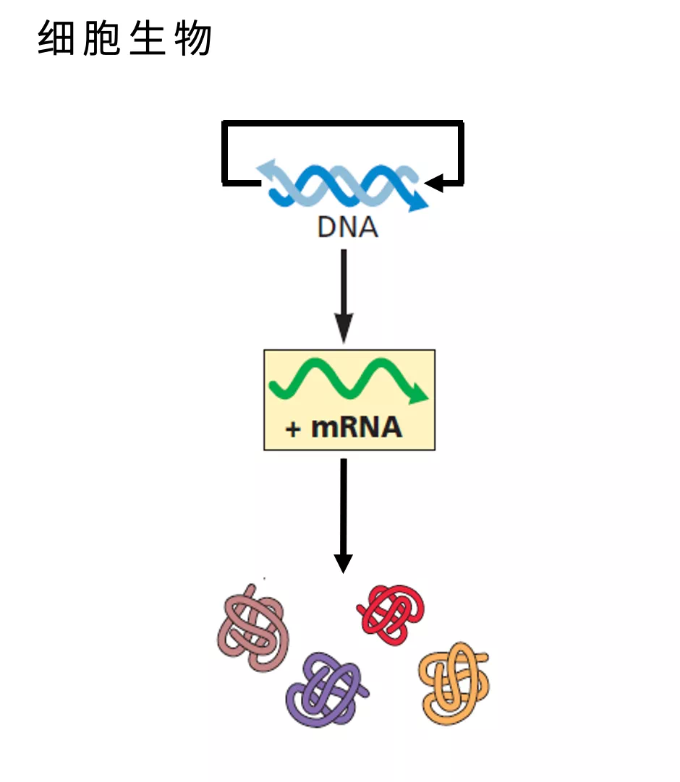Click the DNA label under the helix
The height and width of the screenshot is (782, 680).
coord(347,228)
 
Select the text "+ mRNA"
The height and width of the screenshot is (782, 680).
coord(344,427)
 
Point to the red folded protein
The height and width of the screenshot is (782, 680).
coord(391,614)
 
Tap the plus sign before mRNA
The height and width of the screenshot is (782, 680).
coord(293,429)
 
